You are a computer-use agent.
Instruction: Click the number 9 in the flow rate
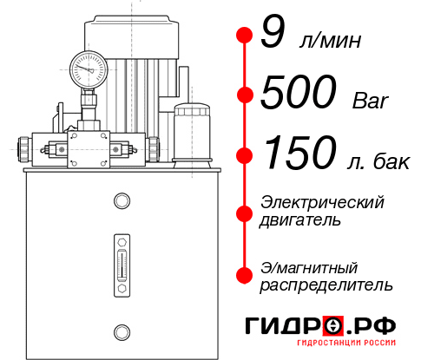pyautogui.click(x=272, y=34)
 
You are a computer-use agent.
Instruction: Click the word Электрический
pyautogui.click(x=322, y=202)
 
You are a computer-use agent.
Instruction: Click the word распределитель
pyautogui.click(x=326, y=285)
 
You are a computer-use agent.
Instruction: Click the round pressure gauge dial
pyautogui.click(x=89, y=66)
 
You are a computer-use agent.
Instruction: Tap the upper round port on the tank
pyautogui.click(x=121, y=201)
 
